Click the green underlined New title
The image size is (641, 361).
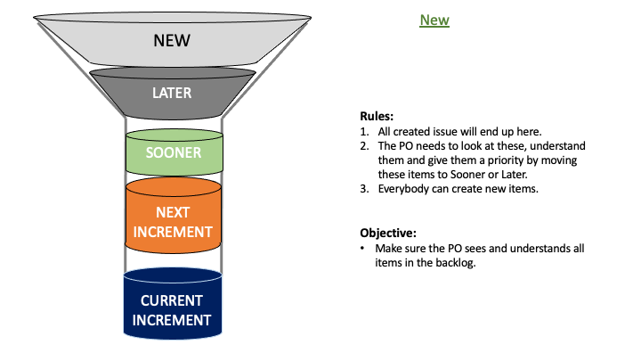point(434,20)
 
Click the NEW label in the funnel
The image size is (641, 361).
point(172,40)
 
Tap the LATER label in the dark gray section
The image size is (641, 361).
point(172,93)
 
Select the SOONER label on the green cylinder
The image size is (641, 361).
point(174,152)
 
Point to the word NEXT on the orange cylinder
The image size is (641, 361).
point(173,212)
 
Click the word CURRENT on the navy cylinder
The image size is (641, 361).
point(172,301)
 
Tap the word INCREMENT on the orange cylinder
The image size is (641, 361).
point(173,232)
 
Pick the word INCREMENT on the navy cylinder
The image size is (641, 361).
point(172,320)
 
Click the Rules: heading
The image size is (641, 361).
point(377,116)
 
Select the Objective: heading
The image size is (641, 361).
point(388,234)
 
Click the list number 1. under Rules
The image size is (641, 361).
point(364,132)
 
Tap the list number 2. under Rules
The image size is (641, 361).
point(364,146)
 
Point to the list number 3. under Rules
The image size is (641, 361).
point(364,189)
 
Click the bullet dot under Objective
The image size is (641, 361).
point(362,248)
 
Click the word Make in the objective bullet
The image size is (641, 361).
point(387,249)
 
